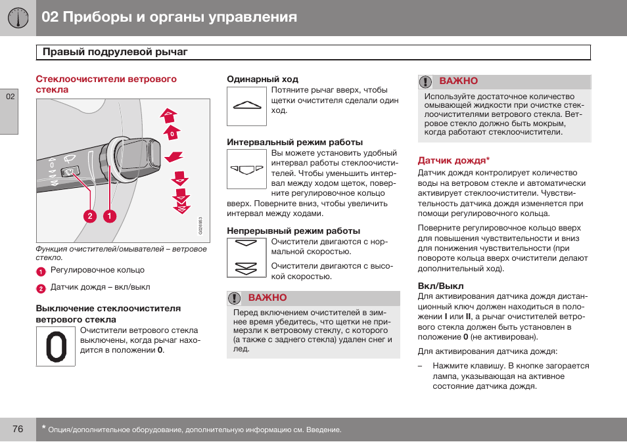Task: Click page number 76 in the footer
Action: pos(18,430)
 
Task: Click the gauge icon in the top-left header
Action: pos(18,18)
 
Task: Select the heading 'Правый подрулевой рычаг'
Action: pos(115,52)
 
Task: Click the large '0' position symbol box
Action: pos(55,346)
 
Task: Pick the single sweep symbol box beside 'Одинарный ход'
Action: pos(246,106)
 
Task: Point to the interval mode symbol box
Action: pos(246,169)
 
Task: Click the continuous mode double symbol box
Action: pos(246,257)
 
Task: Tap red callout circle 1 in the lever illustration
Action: pos(109,215)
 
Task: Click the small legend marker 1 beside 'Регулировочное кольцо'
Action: pos(41,272)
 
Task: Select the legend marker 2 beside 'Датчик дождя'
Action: pos(41,288)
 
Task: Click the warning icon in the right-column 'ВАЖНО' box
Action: pos(426,81)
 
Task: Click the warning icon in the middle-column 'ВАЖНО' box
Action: pos(235,298)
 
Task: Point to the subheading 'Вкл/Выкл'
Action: pos(441,286)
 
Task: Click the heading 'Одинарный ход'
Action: pos(262,79)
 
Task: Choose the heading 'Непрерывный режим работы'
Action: pos(293,231)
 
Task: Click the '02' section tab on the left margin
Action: pos(9,97)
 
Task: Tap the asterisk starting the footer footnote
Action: pos(43,428)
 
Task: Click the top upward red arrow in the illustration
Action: pos(169,116)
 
